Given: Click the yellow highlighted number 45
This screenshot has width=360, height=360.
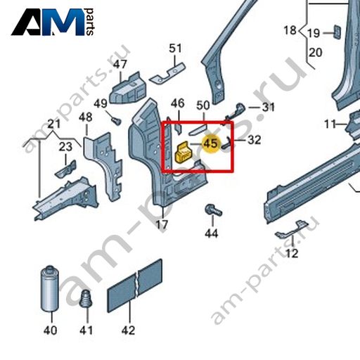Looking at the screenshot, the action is pyautogui.click(x=211, y=143).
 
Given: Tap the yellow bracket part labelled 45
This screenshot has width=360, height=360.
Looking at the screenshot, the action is pyautogui.click(x=184, y=152).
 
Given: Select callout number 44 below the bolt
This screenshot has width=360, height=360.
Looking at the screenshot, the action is pyautogui.click(x=212, y=233).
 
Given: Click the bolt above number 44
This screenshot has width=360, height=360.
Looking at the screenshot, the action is pyautogui.click(x=213, y=210).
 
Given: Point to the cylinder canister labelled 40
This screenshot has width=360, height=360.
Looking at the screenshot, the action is pyautogui.click(x=50, y=290).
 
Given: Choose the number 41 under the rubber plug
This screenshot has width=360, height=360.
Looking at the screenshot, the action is pyautogui.click(x=86, y=330).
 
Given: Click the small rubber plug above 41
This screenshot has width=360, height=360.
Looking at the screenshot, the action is pyautogui.click(x=86, y=299).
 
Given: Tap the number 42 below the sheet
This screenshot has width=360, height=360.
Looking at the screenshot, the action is pyautogui.click(x=128, y=330).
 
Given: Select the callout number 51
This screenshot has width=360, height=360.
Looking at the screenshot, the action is pyautogui.click(x=175, y=49).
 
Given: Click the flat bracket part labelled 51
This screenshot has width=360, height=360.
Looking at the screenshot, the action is pyautogui.click(x=167, y=73).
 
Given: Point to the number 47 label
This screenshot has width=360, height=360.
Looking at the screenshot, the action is pyautogui.click(x=120, y=64).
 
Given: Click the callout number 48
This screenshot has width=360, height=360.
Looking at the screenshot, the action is pyautogui.click(x=85, y=117).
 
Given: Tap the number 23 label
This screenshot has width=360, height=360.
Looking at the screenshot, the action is pyautogui.click(x=65, y=147).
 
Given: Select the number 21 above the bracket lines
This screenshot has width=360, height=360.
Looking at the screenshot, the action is pyautogui.click(x=54, y=124).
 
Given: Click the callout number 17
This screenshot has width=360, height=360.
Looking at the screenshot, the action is pyautogui.click(x=162, y=225).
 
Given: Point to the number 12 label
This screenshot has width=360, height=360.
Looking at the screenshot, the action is pyautogui.click(x=292, y=253).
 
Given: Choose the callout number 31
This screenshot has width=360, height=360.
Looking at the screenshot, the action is pyautogui.click(x=268, y=107).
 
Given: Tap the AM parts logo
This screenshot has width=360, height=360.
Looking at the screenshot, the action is pyautogui.click(x=53, y=22).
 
